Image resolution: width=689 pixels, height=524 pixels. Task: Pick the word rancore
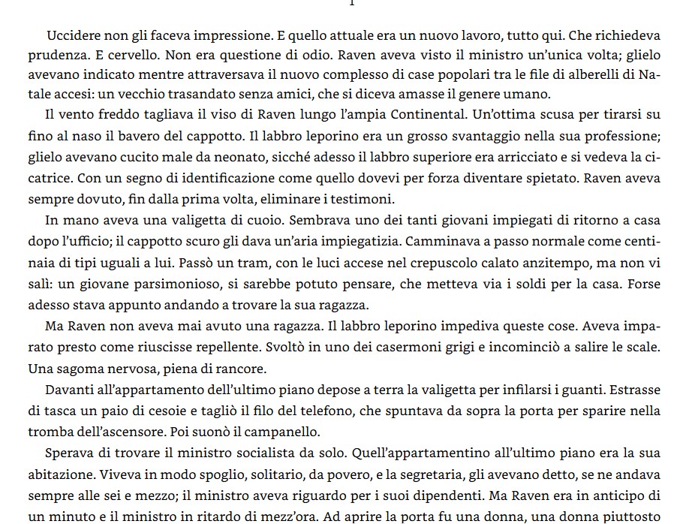240,369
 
